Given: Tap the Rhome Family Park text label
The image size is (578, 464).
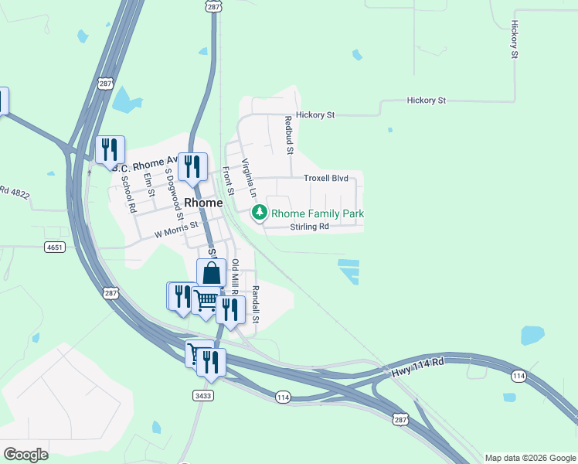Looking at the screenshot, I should (317, 213).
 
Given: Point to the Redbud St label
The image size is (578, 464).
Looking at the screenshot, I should (287, 135).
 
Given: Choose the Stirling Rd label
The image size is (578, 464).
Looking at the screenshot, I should (309, 227).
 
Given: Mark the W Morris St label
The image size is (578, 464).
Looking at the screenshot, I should (176, 229).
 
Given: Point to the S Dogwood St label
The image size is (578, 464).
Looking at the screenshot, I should (174, 186).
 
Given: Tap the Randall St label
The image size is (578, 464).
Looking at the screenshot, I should (256, 303).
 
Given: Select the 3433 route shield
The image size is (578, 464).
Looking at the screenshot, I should (203, 395).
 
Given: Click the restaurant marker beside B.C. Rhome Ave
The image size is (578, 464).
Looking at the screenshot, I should (109, 149).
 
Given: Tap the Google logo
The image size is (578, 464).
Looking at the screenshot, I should (25, 455).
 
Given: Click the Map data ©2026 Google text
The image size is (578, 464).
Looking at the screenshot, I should (529, 458).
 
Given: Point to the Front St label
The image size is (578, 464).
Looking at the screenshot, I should (228, 181).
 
